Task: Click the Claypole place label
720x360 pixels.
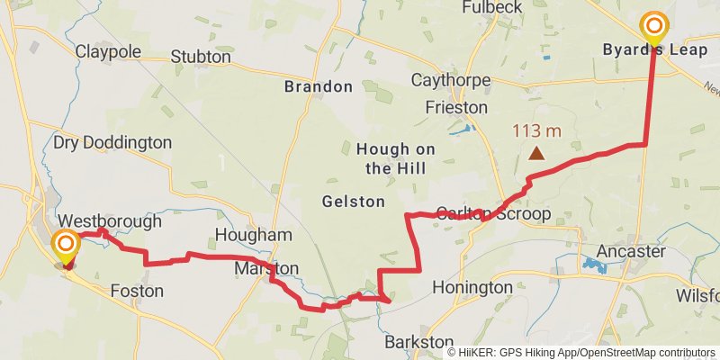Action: tap(108, 51)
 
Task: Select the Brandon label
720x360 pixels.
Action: tap(318, 87)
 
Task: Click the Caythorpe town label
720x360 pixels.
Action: tap(451, 80)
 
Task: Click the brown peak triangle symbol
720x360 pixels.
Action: tap(536, 153)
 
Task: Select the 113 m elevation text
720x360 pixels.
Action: tap(536, 131)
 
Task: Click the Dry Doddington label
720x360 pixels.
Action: tap(112, 142)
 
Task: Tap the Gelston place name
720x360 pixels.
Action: tap(353, 202)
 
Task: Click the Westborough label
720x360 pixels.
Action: tap(110, 220)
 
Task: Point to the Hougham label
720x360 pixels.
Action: tap(254, 235)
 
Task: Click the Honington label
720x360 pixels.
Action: tap(472, 288)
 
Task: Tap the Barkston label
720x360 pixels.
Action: tap(418, 342)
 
